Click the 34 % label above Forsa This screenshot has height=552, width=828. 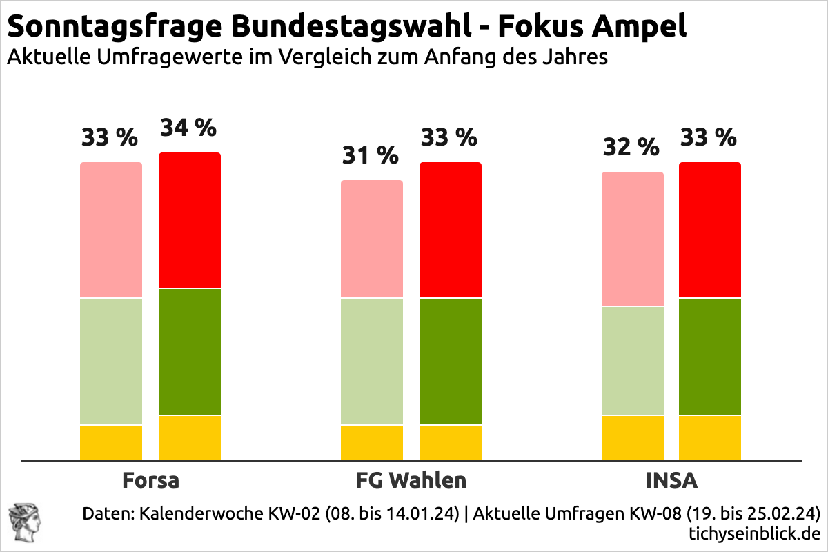pyautogui.click(x=188, y=128)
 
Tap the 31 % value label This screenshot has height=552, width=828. pyautogui.click(x=371, y=156)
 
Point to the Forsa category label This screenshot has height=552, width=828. pyautogui.click(x=150, y=480)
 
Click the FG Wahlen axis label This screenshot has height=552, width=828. pyautogui.click(x=411, y=480)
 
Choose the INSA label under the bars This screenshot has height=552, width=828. pyautogui.click(x=671, y=480)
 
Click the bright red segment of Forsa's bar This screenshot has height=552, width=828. pyautogui.click(x=190, y=220)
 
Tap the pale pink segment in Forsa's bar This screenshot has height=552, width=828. pyautogui.click(x=111, y=230)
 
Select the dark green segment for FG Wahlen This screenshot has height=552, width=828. pyautogui.click(x=451, y=362)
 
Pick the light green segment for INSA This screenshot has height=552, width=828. pyautogui.click(x=633, y=361)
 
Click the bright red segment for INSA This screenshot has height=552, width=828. pyautogui.click(x=710, y=230)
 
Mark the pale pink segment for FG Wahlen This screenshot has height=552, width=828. pyautogui.click(x=372, y=239)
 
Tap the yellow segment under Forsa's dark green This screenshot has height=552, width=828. pyautogui.click(x=190, y=438)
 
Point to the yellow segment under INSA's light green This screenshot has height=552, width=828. pyautogui.click(x=633, y=438)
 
